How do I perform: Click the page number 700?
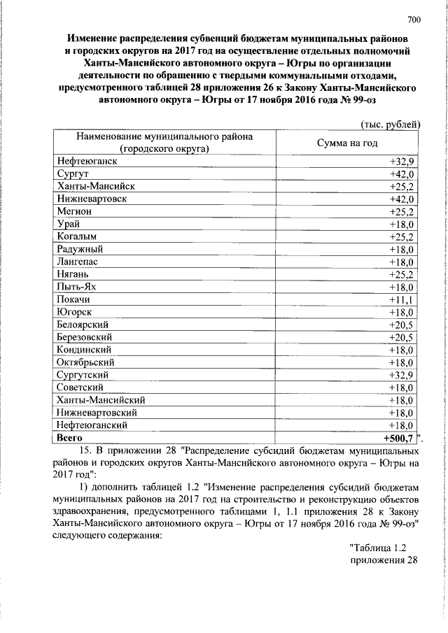tap(413, 18)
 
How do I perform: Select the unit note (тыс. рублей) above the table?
tap(388, 125)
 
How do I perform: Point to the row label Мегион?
tap(73, 211)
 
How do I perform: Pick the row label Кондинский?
tap(85, 349)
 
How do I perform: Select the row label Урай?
tap(69, 224)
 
